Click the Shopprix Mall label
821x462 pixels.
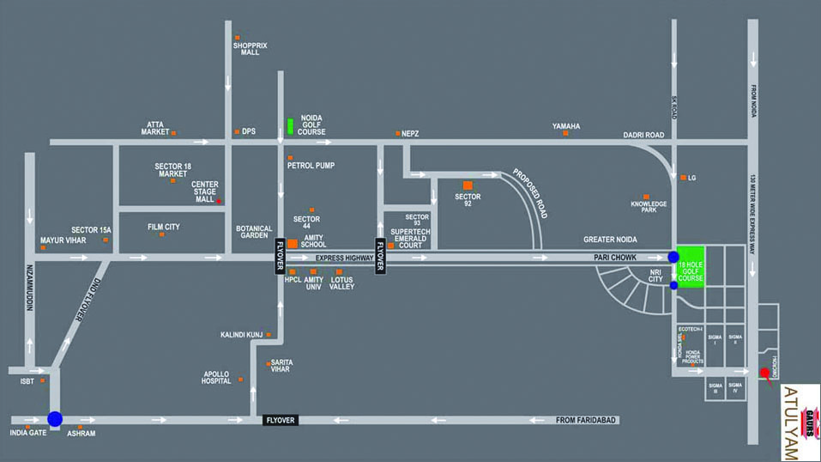[x=250, y=49]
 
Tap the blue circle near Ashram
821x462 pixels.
[x=55, y=419]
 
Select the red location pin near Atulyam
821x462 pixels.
[x=764, y=373]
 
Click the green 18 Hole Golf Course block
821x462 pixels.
[x=691, y=267]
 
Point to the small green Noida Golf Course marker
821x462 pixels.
[x=290, y=125]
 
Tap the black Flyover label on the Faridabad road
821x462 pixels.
[x=280, y=420]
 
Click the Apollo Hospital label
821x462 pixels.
[x=216, y=377]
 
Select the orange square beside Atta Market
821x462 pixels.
[x=173, y=133]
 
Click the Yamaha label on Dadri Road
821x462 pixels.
[x=566, y=126]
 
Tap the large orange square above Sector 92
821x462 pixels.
[x=468, y=185]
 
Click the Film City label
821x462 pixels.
[x=164, y=227]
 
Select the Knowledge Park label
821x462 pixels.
[x=649, y=208]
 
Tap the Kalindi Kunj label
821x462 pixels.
[x=242, y=334]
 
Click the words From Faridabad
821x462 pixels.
[x=588, y=420]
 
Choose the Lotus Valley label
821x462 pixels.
[x=341, y=283]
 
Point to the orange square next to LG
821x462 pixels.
[x=683, y=178]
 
